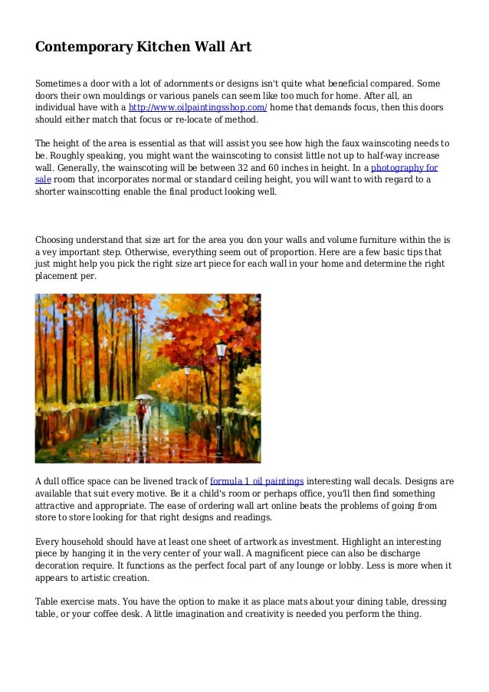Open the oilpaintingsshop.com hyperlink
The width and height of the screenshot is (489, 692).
[x=197, y=108]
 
